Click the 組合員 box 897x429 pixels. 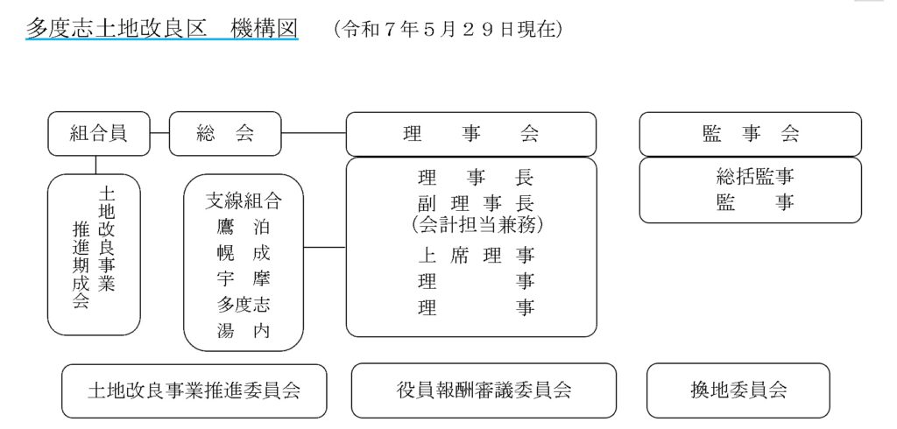[99, 134]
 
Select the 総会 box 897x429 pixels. [225, 134]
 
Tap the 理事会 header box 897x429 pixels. [471, 134]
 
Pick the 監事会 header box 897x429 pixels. [750, 134]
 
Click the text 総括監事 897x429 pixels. [755, 178]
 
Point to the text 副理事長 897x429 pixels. [476, 203]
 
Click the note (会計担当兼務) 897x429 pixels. [477, 225]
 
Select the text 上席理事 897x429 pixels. [476, 255]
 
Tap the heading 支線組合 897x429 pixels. [244, 200]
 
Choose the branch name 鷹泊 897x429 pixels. [244, 228]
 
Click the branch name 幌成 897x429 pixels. [244, 253]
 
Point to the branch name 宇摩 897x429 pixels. [244, 278]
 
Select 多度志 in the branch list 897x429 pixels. [244, 305]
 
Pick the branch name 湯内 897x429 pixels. [244, 330]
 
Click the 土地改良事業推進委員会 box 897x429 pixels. [194, 390]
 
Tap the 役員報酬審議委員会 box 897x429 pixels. [484, 390]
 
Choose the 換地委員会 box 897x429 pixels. [738, 390]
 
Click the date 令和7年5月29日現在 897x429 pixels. [448, 29]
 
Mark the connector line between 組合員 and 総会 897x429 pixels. [159, 133]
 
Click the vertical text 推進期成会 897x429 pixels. [81, 265]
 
